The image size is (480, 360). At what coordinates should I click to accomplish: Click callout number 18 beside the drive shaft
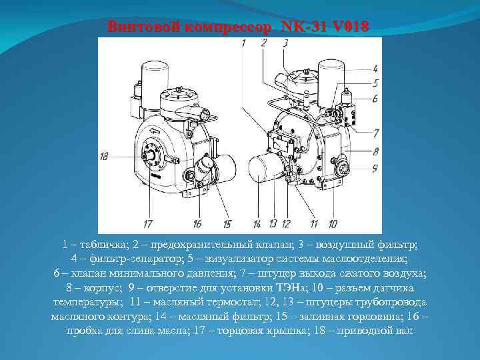[x=104, y=157]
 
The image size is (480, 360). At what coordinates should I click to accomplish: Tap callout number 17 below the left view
[x=148, y=224]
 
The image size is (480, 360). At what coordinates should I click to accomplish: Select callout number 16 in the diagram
[x=198, y=224]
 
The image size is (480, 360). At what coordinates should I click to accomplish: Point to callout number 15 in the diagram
[x=227, y=224]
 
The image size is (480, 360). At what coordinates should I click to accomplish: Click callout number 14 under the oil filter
[x=257, y=224]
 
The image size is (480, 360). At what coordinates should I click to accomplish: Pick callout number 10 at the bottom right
[x=333, y=224]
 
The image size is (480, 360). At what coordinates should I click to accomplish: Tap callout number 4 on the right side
[x=375, y=69]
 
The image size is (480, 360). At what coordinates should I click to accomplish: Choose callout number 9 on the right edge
[x=375, y=168]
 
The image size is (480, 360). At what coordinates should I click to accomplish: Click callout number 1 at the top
[x=243, y=43]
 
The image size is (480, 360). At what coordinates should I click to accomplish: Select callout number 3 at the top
[x=285, y=43]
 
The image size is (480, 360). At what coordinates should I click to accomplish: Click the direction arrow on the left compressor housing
[x=155, y=131]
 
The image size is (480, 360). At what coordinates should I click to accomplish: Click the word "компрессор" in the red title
[x=228, y=27]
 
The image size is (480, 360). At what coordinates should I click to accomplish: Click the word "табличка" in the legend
[x=103, y=245]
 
